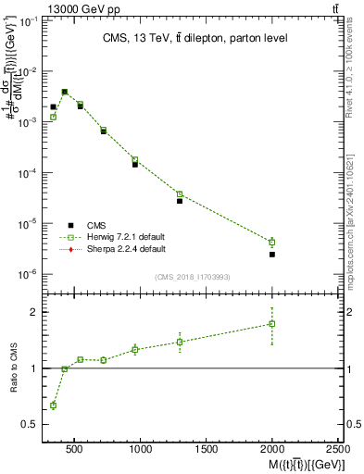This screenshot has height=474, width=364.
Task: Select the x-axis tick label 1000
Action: pos(141,450)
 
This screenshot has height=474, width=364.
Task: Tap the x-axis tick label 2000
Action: pos(272,450)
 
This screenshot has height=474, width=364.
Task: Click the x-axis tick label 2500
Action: pos(337,450)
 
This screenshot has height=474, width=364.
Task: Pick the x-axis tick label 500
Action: pos(76,450)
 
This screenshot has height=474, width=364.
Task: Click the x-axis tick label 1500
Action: pos(207,450)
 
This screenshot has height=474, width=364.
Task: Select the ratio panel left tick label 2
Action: pos(31,312)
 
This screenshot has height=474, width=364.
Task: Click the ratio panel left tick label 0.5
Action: pos(26,424)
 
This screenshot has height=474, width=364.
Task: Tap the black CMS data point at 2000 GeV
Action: pos(272,254)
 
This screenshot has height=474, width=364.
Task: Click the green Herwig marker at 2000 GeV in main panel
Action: pos(272,242)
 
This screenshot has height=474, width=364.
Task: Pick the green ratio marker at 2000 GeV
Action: pos(272,324)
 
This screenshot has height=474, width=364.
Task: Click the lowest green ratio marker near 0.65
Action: pos(53,405)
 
